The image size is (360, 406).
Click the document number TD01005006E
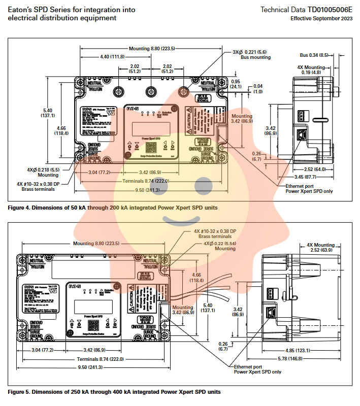(330, 10)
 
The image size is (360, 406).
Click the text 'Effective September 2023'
(321, 18)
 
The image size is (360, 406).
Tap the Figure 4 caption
(113, 208)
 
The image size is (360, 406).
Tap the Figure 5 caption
(114, 392)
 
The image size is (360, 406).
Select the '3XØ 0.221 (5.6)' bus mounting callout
(251, 54)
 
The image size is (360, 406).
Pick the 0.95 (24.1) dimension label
(235, 84)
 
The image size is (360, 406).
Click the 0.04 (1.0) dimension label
(258, 89)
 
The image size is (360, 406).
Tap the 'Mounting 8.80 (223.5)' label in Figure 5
(95, 244)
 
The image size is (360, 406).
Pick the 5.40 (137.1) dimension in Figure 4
(48, 113)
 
